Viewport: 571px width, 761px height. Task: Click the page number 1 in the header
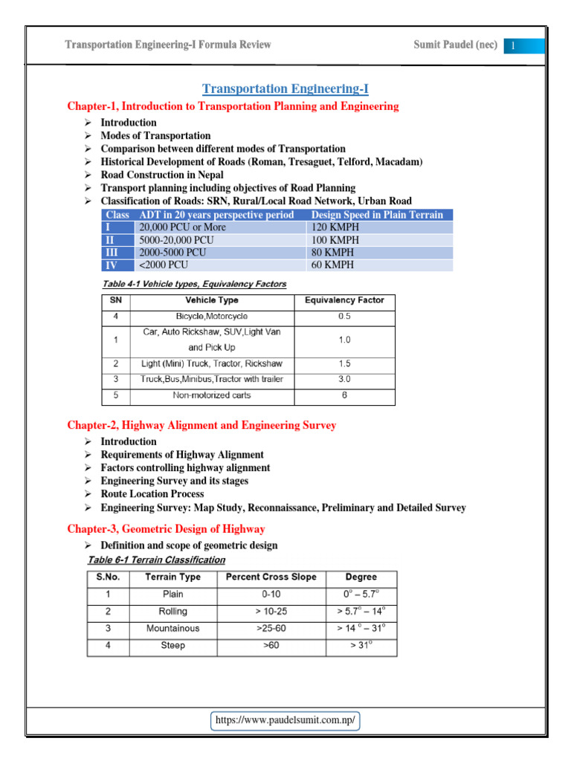click(x=512, y=46)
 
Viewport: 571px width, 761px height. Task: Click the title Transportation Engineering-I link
click(x=285, y=89)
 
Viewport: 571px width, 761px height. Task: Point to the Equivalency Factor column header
click(x=344, y=301)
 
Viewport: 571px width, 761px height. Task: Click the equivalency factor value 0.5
click(x=344, y=317)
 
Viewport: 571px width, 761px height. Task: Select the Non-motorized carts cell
click(x=212, y=395)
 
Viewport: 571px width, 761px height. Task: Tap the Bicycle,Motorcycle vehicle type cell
click(x=212, y=317)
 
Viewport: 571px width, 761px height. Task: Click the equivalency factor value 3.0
click(x=344, y=380)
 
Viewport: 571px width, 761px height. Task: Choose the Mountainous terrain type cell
click(x=172, y=629)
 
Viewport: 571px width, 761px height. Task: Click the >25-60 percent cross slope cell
click(x=271, y=629)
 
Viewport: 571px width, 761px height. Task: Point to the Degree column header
click(x=361, y=577)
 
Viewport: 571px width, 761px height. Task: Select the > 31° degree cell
click(x=361, y=646)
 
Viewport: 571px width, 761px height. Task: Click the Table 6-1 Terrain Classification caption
click(x=156, y=560)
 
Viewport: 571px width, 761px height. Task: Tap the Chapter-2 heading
click(x=201, y=426)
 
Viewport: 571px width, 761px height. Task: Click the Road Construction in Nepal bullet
click(x=162, y=175)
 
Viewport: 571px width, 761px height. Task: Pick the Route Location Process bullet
click(x=152, y=494)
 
